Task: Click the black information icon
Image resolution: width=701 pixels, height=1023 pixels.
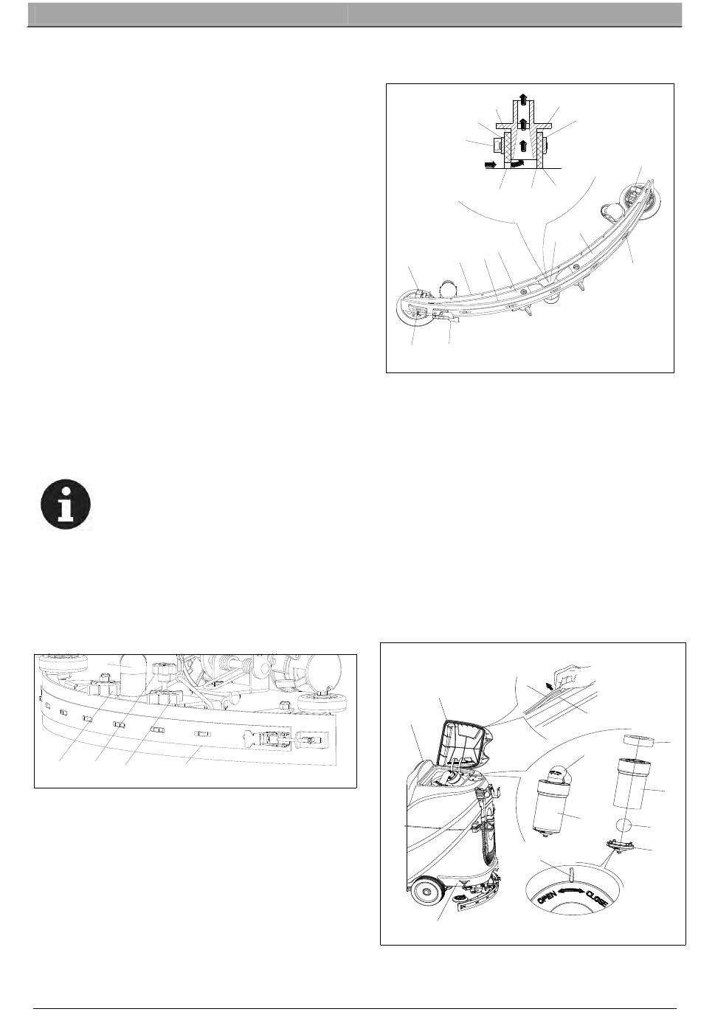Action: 66,504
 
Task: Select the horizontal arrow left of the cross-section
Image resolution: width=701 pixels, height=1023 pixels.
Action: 490,162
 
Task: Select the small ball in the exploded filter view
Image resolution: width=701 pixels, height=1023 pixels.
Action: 625,825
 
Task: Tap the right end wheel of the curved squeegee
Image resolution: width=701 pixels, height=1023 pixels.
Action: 640,195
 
